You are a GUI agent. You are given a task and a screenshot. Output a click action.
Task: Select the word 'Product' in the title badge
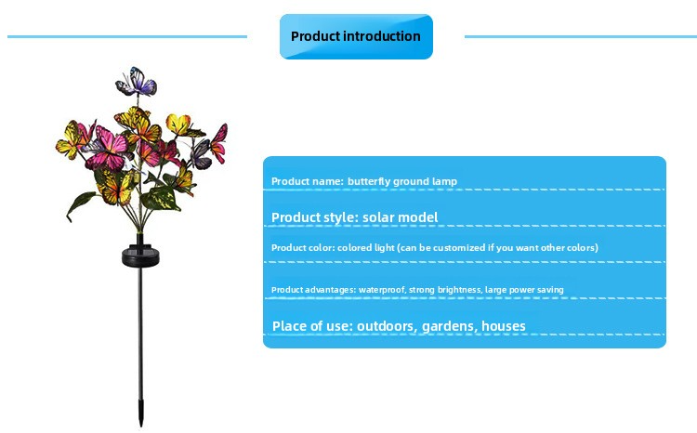pos(311,36)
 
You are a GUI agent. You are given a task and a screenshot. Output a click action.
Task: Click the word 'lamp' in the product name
pos(445,181)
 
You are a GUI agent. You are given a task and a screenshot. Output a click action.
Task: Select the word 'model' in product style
pos(420,217)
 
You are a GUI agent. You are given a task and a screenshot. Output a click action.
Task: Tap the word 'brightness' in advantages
pos(458,290)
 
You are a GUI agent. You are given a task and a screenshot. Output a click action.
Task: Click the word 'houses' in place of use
pos(504,326)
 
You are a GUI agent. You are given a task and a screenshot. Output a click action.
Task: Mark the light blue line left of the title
pos(127,37)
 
